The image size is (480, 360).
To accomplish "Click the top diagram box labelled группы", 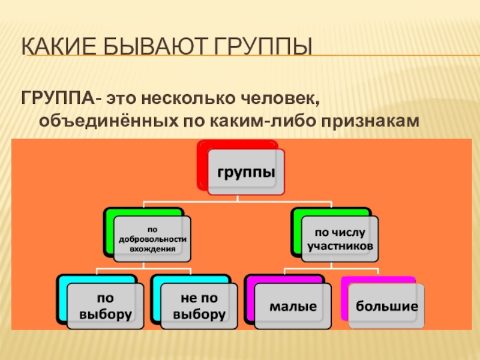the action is [x=247, y=172].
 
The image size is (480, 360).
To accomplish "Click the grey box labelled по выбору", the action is [x=105, y=306].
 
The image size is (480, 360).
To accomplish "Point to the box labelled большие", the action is [x=387, y=307].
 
